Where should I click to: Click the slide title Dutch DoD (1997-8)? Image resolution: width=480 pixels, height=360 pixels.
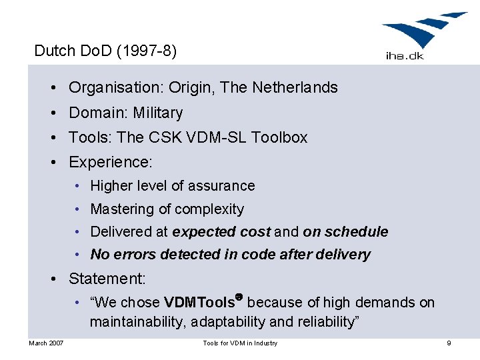coord(105,51)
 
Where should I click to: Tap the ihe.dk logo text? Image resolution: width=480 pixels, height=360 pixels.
coord(404,55)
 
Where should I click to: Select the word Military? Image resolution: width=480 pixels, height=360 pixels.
coord(157,113)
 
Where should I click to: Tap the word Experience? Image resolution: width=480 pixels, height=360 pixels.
coord(111,162)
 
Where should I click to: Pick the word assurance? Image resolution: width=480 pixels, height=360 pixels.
coord(221,185)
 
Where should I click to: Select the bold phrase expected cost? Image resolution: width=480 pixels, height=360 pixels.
coord(221,232)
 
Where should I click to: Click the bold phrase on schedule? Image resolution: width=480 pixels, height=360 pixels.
coord(345,232)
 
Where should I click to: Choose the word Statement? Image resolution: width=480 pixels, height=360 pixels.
coord(107,278)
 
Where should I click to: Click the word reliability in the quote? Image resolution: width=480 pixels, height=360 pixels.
coord(325,322)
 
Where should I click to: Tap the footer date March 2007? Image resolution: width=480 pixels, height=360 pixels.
coord(46,343)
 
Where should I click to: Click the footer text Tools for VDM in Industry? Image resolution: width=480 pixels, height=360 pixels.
coord(240,343)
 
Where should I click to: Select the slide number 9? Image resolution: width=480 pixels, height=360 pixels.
coord(449,343)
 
